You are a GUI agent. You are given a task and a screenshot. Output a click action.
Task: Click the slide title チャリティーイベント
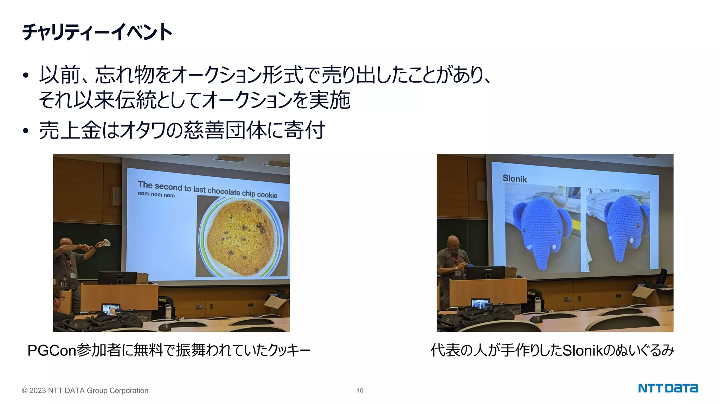click(97, 32)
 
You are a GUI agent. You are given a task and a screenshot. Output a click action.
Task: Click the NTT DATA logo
click(668, 388)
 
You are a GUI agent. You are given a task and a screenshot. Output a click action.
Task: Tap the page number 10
click(360, 390)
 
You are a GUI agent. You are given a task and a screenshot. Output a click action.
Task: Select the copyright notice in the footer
click(85, 390)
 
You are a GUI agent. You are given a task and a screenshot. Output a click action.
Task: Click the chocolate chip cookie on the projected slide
click(240, 237)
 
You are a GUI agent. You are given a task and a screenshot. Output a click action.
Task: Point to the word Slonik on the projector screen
click(514, 179)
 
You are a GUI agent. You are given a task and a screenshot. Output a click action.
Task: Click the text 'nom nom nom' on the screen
click(156, 194)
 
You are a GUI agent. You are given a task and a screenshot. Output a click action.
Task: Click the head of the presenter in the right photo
click(453, 243)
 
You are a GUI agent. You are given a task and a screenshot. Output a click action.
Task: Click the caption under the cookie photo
click(169, 350)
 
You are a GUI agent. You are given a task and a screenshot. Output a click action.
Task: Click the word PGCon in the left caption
click(52, 350)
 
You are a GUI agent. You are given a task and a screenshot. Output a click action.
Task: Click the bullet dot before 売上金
click(25, 131)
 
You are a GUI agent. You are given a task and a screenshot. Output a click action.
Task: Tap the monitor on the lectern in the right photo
click(486, 272)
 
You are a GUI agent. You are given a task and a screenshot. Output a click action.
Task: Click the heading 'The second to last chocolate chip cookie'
click(207, 189)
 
